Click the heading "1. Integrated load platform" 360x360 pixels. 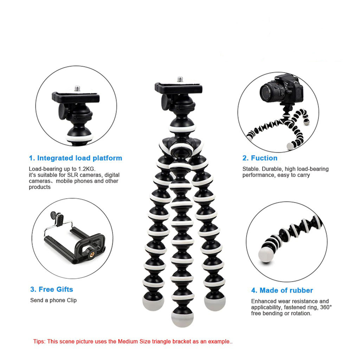click(75, 158)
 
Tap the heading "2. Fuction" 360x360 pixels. click(260, 158)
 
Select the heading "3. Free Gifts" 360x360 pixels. click(52, 289)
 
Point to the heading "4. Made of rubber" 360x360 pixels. click(282, 290)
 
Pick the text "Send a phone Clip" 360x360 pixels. click(53, 300)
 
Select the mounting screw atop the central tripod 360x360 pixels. click(180, 79)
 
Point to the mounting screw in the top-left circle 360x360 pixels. click(77, 88)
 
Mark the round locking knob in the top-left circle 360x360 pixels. click(63, 111)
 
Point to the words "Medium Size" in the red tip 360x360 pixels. click(132, 341)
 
